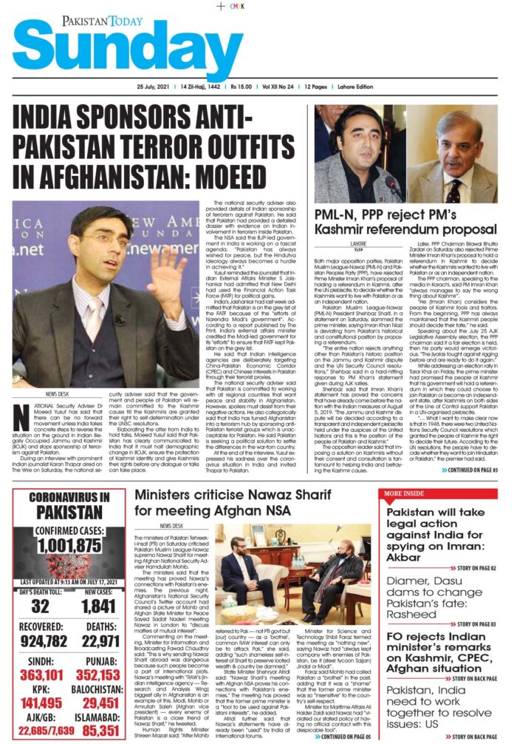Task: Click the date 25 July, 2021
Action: pos(137,87)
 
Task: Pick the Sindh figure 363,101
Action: pos(39,674)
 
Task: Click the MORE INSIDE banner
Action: pos(405,494)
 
